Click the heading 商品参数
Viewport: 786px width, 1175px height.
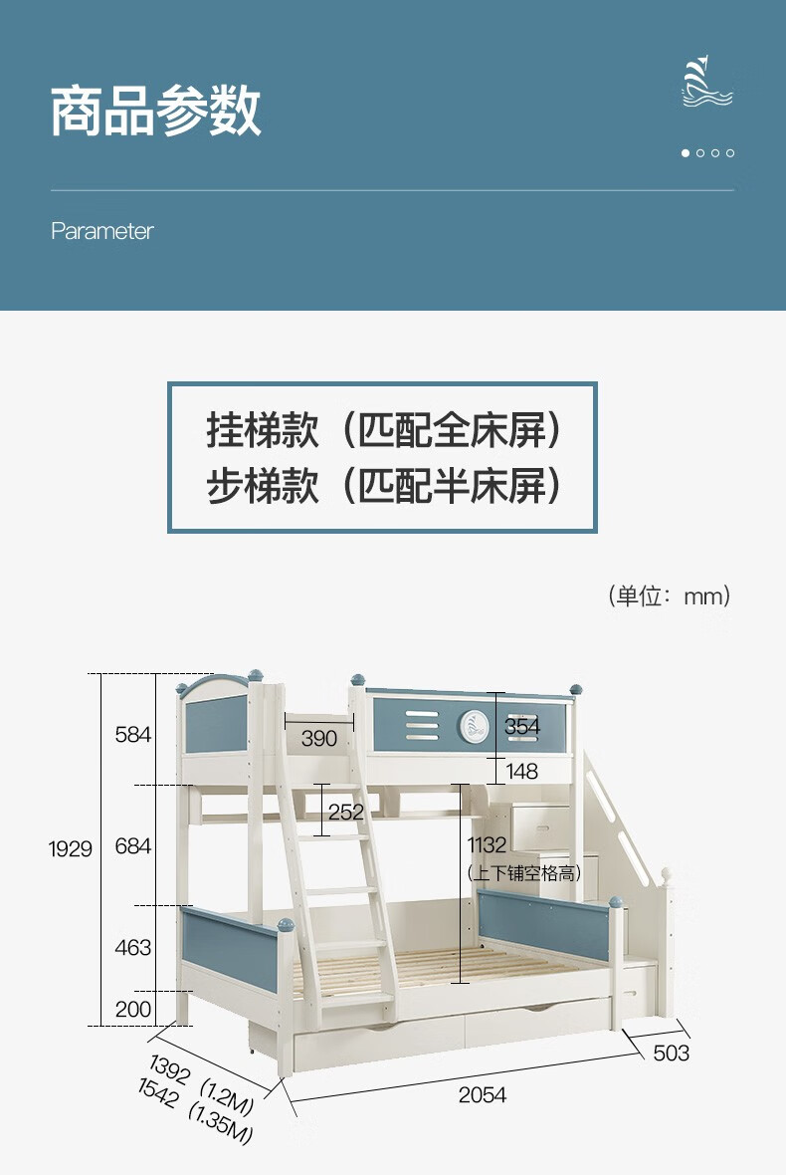[156, 111]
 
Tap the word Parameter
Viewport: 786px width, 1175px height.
[102, 231]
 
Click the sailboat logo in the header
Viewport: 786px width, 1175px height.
[707, 82]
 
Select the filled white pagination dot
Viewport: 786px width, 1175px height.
[686, 153]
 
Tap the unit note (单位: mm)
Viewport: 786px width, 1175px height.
[669, 596]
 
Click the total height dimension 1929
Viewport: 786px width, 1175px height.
[71, 849]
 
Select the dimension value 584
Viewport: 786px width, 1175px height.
[133, 735]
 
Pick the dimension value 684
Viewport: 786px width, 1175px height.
[133, 846]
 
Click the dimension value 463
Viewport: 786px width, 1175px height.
[133, 947]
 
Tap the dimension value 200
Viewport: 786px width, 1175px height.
[133, 1010]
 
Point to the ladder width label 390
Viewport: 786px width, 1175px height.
[319, 738]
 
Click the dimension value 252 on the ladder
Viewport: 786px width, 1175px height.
[346, 813]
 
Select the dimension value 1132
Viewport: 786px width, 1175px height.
[488, 845]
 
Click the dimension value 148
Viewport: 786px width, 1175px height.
[521, 771]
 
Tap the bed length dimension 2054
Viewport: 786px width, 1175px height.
[483, 1095]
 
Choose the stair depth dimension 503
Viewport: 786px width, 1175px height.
[671, 1054]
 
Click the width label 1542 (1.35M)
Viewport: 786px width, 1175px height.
[195, 1115]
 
